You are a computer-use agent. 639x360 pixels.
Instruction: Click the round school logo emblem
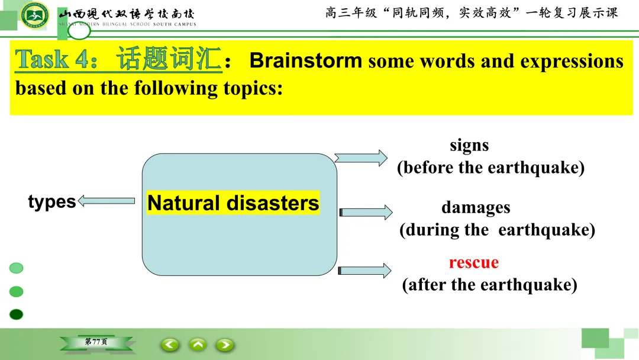(x=35, y=15)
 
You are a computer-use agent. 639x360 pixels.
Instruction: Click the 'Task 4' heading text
(x=56, y=59)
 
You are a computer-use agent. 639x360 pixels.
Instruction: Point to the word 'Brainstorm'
(x=306, y=60)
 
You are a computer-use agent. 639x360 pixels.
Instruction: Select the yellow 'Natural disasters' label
(x=233, y=202)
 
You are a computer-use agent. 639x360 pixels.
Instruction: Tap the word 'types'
(x=51, y=201)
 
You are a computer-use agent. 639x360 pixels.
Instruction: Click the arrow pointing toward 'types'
(x=106, y=201)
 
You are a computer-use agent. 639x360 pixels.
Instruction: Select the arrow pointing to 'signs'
(x=361, y=158)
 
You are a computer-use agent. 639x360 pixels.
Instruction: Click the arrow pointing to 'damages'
(x=366, y=213)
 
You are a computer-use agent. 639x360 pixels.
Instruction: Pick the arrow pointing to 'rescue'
(x=364, y=271)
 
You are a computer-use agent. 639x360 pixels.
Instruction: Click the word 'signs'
(x=469, y=145)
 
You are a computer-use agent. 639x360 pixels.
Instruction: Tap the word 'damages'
(x=476, y=207)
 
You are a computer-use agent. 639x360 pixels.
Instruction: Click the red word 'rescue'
(x=474, y=262)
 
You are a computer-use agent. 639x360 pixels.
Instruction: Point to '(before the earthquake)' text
(x=490, y=168)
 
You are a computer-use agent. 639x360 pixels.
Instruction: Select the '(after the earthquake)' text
(x=489, y=285)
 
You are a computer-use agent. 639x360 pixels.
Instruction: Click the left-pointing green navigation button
(x=170, y=345)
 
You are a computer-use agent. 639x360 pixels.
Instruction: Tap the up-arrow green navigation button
(x=198, y=345)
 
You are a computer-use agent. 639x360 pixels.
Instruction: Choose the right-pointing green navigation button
(x=225, y=345)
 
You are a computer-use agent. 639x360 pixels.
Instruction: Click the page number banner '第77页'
(x=96, y=342)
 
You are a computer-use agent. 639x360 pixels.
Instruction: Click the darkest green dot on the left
(x=17, y=314)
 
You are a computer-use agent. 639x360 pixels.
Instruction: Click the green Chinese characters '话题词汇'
(x=169, y=59)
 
